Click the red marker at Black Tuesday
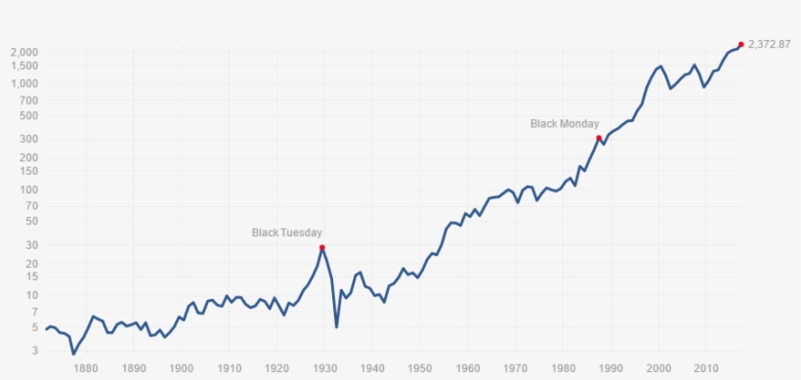tap(321, 248)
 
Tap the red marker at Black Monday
tap(599, 139)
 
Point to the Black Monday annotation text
tap(564, 124)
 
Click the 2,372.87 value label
tap(769, 44)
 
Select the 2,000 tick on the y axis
tap(24, 52)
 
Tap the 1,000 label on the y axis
tap(24, 84)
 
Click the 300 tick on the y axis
tap(28, 139)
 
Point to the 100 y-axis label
tap(28, 190)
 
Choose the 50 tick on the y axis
tap(31, 221)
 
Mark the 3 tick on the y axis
tap(34, 350)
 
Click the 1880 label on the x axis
tap(85, 368)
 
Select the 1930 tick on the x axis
tap(324, 368)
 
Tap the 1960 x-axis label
tap(468, 368)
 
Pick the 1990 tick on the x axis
tap(611, 368)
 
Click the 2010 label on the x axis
tap(707, 368)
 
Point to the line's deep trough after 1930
tap(337, 326)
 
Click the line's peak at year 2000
tap(660, 66)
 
